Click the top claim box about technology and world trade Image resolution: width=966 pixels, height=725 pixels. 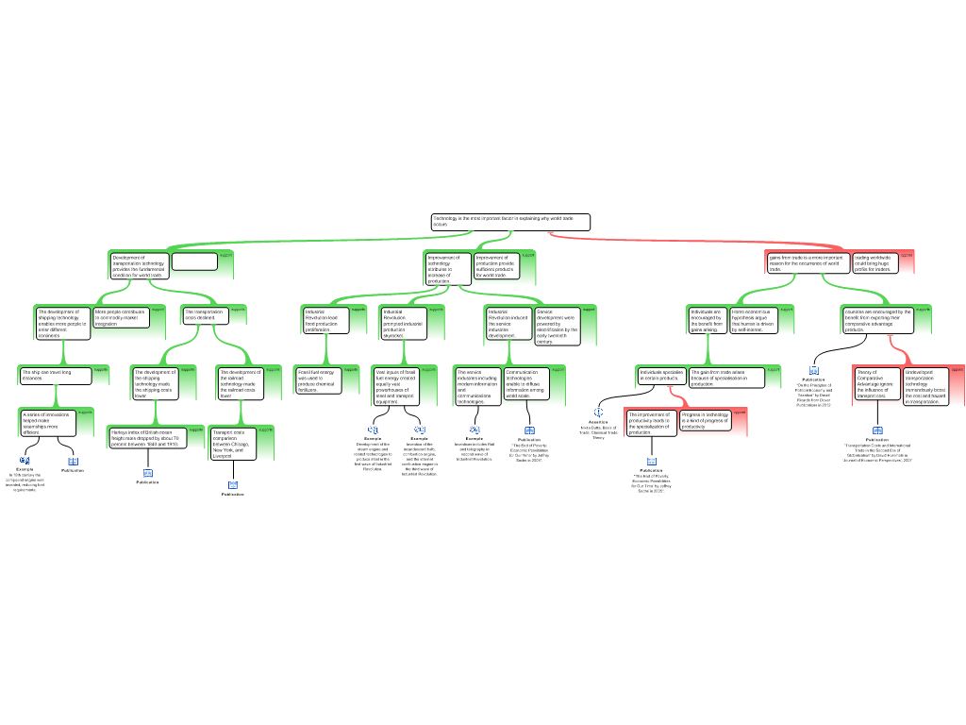pyautogui.click(x=510, y=222)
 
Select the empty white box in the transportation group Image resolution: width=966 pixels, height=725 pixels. pyautogui.click(x=194, y=261)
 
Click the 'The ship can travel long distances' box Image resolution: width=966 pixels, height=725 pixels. pyautogui.click(x=56, y=376)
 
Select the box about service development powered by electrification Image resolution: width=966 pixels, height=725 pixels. pyautogui.click(x=557, y=327)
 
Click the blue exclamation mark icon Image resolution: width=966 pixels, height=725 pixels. pyautogui.click(x=598, y=413)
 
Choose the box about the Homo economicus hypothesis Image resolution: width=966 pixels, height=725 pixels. pyautogui.click(x=753, y=320)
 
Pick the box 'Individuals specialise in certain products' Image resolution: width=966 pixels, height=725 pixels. pyautogui.click(x=661, y=377)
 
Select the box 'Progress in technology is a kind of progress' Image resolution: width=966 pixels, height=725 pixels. pyautogui.click(x=706, y=420)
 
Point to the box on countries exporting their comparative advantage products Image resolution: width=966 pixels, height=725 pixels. pyautogui.click(x=877, y=320)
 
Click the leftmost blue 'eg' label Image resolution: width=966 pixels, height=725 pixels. pyautogui.click(x=25, y=460)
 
